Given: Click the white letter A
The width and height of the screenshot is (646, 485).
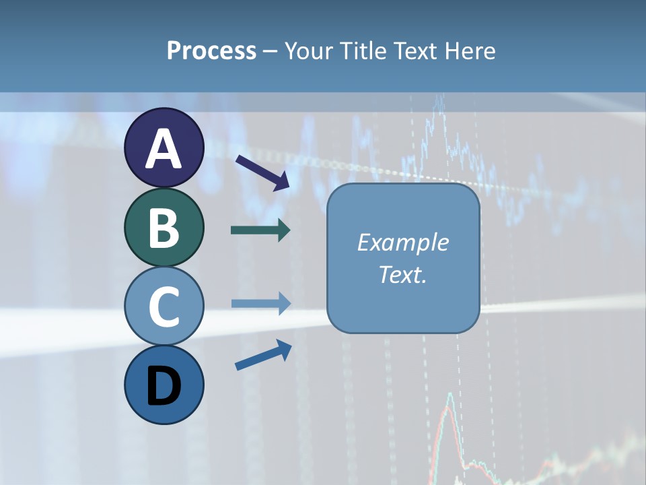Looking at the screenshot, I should pyautogui.click(x=164, y=150).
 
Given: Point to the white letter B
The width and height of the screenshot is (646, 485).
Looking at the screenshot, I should pyautogui.click(x=164, y=228).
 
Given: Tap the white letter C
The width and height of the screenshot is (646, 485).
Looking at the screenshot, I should pyautogui.click(x=164, y=306).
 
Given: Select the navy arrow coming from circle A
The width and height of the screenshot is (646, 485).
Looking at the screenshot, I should pyautogui.click(x=262, y=172).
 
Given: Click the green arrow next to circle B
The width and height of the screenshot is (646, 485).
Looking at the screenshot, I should pyautogui.click(x=260, y=230).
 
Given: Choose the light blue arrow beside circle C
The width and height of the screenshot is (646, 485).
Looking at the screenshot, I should pyautogui.click(x=260, y=303).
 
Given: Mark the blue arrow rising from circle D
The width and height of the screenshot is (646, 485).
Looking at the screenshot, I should pyautogui.click(x=263, y=354).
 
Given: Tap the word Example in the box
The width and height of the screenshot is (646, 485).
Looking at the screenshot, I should pyautogui.click(x=403, y=243).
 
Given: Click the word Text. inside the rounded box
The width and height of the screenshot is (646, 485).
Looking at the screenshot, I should pyautogui.click(x=403, y=274).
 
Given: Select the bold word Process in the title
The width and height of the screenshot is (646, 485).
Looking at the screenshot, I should pyautogui.click(x=211, y=51).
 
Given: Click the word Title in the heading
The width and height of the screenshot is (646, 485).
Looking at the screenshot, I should pyautogui.click(x=362, y=51).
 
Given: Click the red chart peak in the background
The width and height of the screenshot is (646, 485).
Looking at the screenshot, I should pyautogui.click(x=450, y=397).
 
